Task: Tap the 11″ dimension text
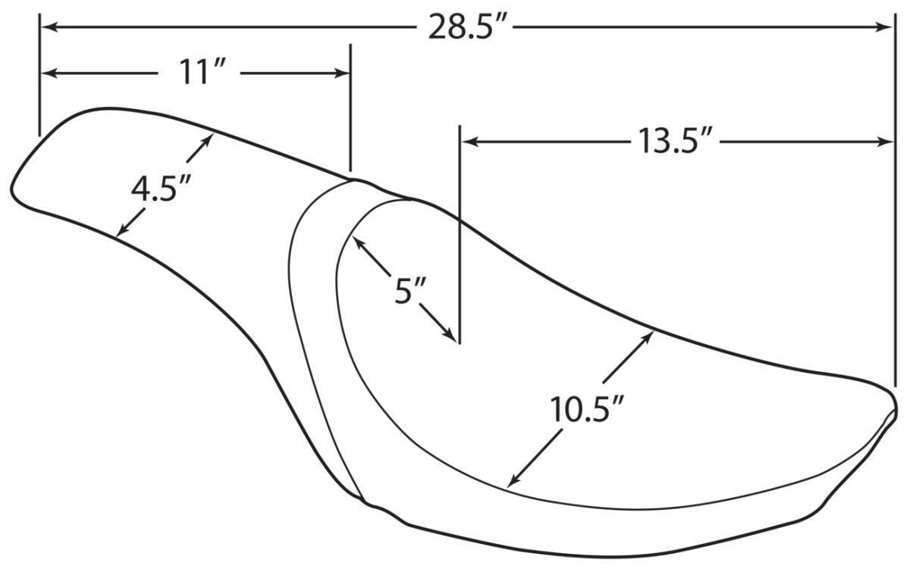198,72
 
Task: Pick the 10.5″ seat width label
586,409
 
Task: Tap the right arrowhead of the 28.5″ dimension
886,27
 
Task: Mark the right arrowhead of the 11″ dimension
342,73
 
